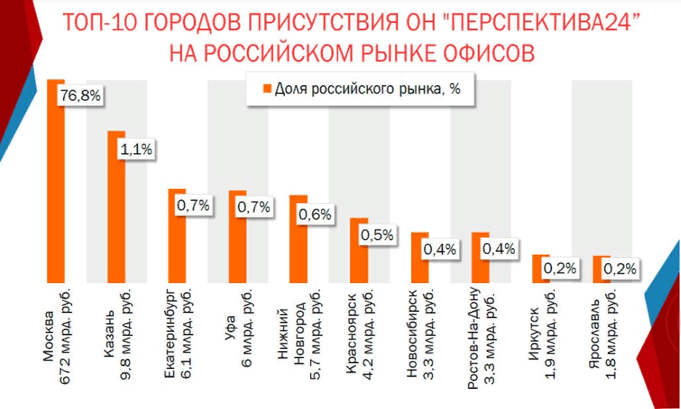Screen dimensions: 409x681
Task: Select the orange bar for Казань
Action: (116, 207)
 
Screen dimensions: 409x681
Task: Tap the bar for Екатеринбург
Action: (176, 236)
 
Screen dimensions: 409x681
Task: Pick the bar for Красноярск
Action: (358, 250)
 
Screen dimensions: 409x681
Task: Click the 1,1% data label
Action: (136, 150)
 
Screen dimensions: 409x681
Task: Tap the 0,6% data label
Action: (315, 214)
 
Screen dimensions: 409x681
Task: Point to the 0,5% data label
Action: (377, 235)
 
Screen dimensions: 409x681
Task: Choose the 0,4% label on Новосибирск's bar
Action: (439, 250)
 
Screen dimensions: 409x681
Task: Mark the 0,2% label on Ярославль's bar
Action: (620, 270)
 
